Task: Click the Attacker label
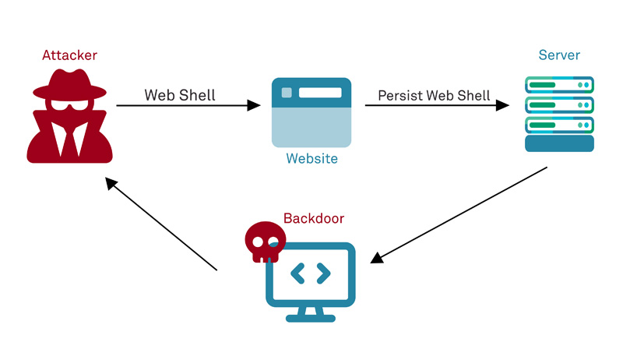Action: click(70, 55)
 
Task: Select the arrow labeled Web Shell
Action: click(187, 105)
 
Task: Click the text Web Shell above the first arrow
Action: click(180, 95)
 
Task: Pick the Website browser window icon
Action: click(311, 112)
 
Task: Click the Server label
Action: click(559, 55)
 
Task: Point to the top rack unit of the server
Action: click(559, 85)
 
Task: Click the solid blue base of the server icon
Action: click(559, 143)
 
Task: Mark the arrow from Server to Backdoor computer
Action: click(459, 214)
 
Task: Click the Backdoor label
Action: click(314, 219)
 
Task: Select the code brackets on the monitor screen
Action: click(311, 274)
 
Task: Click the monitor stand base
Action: click(311, 317)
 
